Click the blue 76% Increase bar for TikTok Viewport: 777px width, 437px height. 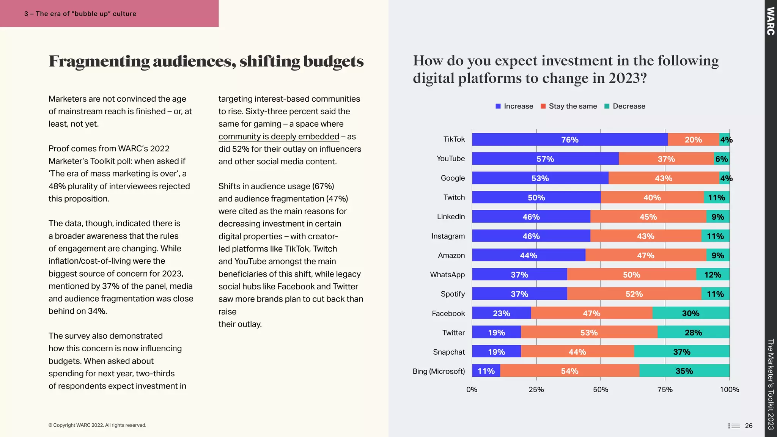click(569, 140)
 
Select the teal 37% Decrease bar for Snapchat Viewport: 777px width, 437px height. click(681, 352)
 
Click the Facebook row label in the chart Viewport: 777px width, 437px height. click(448, 313)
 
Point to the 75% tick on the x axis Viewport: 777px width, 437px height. click(665, 390)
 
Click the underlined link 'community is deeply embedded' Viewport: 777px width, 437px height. click(278, 137)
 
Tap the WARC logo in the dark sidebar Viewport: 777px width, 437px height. click(770, 21)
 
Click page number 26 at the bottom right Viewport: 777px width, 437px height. click(749, 426)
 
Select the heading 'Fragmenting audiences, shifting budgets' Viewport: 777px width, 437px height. click(206, 61)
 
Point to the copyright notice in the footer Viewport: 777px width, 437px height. click(97, 425)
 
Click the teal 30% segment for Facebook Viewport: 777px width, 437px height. click(690, 313)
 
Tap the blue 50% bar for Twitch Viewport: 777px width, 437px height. click(536, 197)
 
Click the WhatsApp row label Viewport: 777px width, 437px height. click(447, 275)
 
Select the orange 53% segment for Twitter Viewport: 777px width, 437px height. click(589, 333)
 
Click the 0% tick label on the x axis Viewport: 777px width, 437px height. click(472, 390)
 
